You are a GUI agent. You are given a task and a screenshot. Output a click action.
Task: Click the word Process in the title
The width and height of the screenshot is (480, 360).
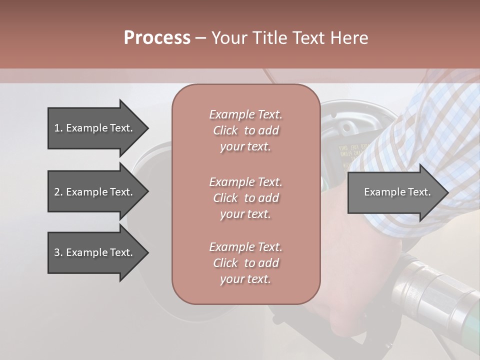click(x=157, y=37)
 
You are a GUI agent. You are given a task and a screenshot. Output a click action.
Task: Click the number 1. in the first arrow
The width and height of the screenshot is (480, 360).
click(x=58, y=128)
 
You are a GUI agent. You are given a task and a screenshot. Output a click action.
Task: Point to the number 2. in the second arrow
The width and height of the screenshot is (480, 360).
click(x=58, y=192)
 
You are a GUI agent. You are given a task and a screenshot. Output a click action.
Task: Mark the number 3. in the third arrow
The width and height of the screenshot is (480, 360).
click(x=58, y=252)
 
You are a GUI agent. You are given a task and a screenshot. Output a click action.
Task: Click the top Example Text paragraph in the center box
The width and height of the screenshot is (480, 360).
click(x=245, y=130)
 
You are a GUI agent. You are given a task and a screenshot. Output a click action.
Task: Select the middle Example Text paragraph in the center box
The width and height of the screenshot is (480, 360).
click(x=245, y=198)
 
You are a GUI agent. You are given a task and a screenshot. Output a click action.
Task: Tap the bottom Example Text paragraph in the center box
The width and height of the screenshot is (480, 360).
click(x=245, y=263)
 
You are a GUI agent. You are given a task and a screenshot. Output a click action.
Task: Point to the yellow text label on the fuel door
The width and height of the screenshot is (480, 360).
click(x=345, y=155)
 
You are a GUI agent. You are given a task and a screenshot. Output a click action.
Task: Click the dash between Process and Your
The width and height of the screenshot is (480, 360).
click(x=200, y=38)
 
